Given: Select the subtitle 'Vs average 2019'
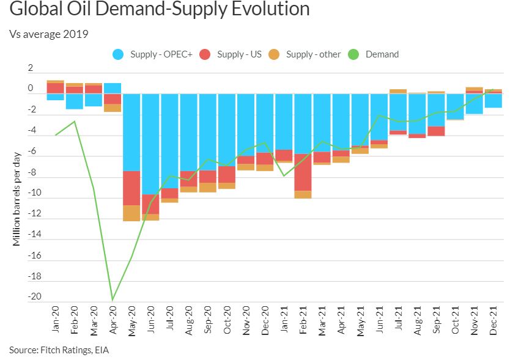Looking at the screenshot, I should coord(49,34).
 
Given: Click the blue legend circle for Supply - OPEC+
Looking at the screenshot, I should coord(119,54).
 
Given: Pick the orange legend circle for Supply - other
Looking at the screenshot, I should coord(275,54).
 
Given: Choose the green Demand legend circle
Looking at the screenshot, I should coord(353,54).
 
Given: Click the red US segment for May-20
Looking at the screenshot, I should coord(131,188).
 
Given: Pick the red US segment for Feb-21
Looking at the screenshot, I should coord(303,172).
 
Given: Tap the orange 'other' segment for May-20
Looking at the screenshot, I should coord(131,213).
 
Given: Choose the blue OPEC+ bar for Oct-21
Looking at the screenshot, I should coord(455,106).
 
